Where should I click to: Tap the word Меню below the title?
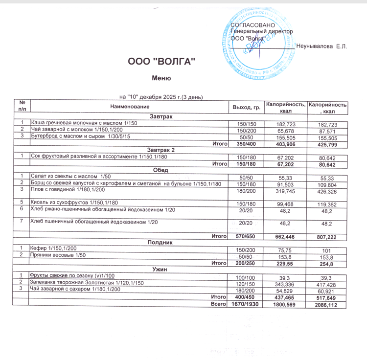[x=161, y=78]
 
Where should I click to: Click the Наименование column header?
[x=130, y=106]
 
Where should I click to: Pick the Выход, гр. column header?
[x=247, y=106]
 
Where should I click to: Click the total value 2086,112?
[x=327, y=305]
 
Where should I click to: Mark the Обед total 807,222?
[x=327, y=237]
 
